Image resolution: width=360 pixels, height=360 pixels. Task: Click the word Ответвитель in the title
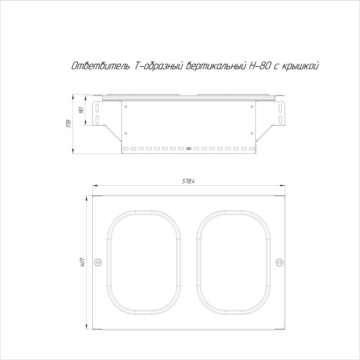point(101,66)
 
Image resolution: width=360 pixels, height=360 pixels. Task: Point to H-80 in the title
point(259,66)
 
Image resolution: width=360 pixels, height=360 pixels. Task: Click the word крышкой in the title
point(300,66)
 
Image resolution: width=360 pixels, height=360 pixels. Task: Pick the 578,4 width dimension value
point(188,181)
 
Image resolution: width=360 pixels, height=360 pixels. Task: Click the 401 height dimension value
point(83,262)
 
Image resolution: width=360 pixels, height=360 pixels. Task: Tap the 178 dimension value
point(69,124)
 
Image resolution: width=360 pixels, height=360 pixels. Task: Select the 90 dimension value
point(81,110)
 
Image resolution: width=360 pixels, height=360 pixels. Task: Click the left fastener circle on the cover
point(98,262)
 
